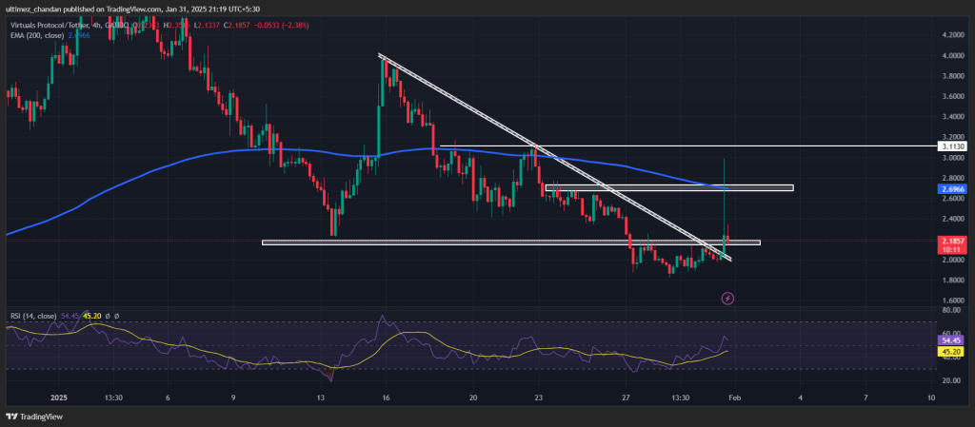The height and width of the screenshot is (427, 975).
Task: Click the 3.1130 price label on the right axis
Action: click(952, 147)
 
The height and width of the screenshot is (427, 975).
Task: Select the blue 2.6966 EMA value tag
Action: click(952, 189)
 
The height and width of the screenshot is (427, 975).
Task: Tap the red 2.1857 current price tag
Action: click(952, 243)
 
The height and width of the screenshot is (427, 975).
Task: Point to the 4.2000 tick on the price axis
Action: click(952, 35)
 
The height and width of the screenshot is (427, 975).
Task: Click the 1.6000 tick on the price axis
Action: click(952, 301)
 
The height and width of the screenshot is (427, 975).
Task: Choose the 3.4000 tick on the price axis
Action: click(952, 117)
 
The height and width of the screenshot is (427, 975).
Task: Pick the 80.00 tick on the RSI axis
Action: click(950, 310)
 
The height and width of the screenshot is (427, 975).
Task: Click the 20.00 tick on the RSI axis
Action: click(950, 380)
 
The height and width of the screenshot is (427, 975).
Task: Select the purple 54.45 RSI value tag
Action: click(951, 340)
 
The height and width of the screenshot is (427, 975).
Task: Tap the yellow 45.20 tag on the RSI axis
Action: click(951, 351)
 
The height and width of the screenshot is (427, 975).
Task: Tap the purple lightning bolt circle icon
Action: click(727, 299)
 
